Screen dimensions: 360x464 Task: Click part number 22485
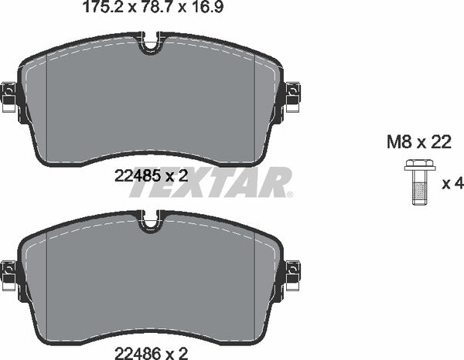click(132, 176)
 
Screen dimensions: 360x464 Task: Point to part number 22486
click(133, 354)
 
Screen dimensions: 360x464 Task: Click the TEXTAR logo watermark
click(209, 183)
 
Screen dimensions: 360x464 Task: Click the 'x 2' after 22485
click(178, 176)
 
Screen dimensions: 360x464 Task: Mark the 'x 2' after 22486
click(178, 354)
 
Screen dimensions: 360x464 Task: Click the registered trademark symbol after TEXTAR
click(289, 194)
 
